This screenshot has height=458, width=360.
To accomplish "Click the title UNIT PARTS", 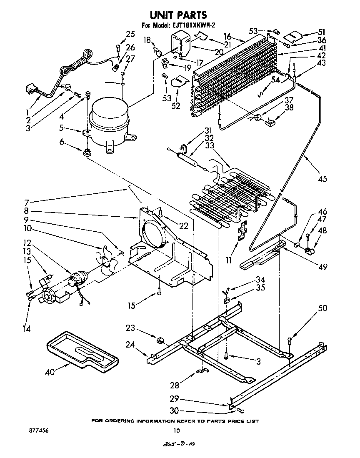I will [178, 15].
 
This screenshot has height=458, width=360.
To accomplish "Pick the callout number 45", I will [322, 179].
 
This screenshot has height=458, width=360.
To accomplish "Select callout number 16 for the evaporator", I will [239, 37].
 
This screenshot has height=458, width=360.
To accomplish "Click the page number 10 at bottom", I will [176, 430].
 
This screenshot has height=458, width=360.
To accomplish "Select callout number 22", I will [184, 226].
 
